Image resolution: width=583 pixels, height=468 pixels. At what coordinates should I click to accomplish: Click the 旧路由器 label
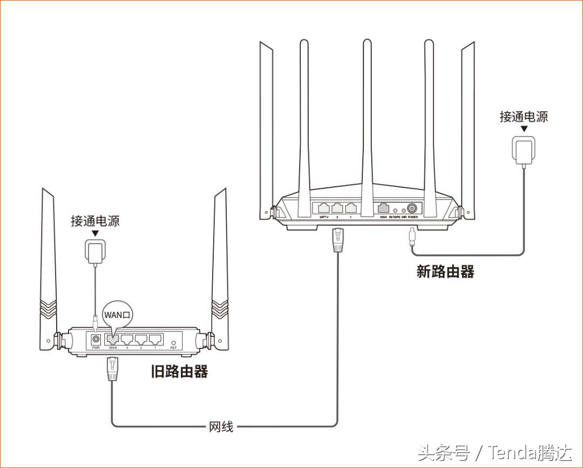[179, 371]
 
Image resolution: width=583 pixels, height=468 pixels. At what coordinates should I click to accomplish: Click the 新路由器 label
[445, 271]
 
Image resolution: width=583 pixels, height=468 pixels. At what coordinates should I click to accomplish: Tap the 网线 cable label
[221, 426]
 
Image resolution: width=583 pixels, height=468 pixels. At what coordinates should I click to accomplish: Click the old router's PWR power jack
[96, 339]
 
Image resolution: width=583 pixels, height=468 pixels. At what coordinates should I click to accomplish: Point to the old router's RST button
[173, 342]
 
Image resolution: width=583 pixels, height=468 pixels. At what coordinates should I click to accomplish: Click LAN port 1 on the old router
[155, 340]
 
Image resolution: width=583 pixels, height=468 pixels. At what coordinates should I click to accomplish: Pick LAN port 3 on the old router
[127, 340]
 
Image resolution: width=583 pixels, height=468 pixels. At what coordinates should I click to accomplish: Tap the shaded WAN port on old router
[112, 339]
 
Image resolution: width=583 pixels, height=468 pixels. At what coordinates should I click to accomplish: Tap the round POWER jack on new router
[413, 208]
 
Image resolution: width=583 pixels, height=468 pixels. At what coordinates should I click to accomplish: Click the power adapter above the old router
[96, 252]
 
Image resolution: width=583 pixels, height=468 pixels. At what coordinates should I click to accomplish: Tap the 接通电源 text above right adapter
[523, 117]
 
